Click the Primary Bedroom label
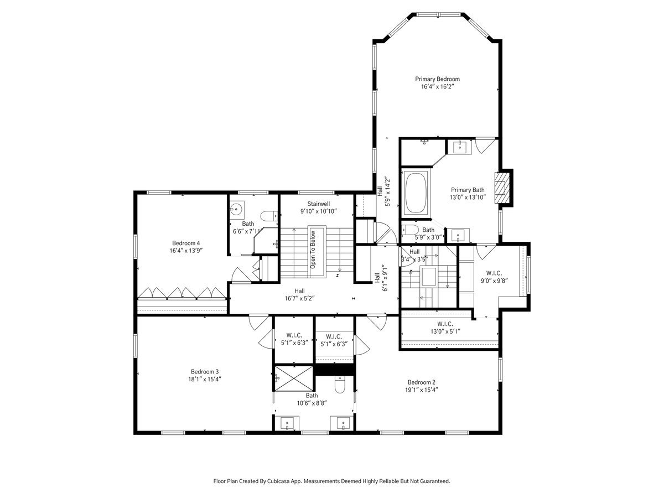(x=437, y=79)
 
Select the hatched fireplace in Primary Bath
(x=500, y=188)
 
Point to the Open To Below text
(x=313, y=250)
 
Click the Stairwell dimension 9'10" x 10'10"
(x=318, y=211)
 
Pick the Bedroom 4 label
(x=186, y=243)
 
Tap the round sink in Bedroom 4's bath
(x=236, y=209)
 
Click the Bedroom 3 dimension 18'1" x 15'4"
(x=205, y=379)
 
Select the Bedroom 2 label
(x=422, y=382)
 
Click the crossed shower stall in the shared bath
(x=294, y=378)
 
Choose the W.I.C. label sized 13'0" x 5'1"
(x=445, y=324)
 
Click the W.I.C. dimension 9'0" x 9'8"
(x=494, y=281)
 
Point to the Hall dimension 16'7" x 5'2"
(x=299, y=298)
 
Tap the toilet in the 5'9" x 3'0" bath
(x=409, y=230)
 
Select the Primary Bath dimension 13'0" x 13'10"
(x=468, y=198)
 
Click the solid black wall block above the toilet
(x=334, y=369)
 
